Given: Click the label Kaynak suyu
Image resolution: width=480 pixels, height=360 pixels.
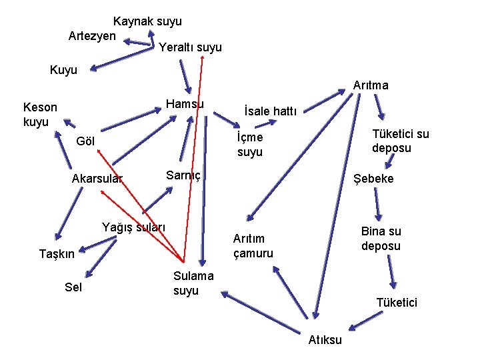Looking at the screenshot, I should tap(147, 21).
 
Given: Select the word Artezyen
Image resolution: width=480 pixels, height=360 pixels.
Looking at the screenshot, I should tap(92, 35).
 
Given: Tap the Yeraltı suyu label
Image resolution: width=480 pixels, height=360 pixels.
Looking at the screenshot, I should tap(190, 47).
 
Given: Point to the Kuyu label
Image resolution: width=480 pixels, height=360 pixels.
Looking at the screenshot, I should tap(63, 69).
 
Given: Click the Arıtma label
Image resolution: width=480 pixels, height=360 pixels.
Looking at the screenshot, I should tap(371, 85).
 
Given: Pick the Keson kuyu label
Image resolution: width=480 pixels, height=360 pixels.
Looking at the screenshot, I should tap(40, 114).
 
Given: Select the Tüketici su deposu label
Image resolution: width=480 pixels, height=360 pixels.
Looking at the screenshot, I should tap(401, 141).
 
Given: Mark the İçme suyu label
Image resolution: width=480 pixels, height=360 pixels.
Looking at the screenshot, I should tap(250, 145).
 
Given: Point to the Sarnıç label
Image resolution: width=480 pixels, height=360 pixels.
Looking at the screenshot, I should tap(183, 175).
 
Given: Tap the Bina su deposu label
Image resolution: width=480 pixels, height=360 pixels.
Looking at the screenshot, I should tap(381, 239).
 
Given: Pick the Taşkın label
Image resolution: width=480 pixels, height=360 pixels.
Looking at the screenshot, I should tap(57, 253).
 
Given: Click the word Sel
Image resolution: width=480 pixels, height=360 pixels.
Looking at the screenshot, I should tap(73, 287).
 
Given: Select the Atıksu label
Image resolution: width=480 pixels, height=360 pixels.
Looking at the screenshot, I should tap(325, 340).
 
